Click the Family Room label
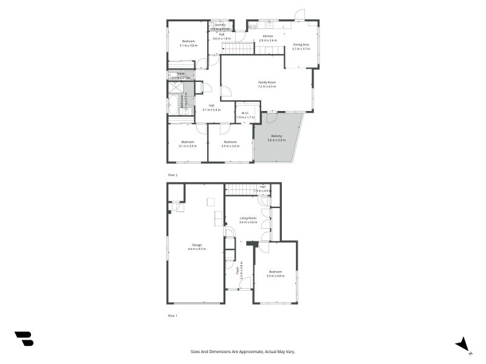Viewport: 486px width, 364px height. (267, 82)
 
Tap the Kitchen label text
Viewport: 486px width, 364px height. (267, 36)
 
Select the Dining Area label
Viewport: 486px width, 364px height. (301, 44)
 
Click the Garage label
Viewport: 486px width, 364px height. (197, 244)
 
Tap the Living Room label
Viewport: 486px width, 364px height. (248, 218)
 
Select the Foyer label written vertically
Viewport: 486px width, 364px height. (238, 271)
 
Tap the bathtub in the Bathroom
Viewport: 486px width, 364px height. (173, 104)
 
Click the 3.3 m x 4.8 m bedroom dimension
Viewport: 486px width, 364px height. (275, 276)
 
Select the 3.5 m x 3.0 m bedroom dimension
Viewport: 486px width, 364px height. (231, 146)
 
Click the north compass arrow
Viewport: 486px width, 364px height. (463, 344)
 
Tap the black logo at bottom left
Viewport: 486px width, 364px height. (24, 339)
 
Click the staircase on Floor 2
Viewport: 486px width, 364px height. (237, 49)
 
